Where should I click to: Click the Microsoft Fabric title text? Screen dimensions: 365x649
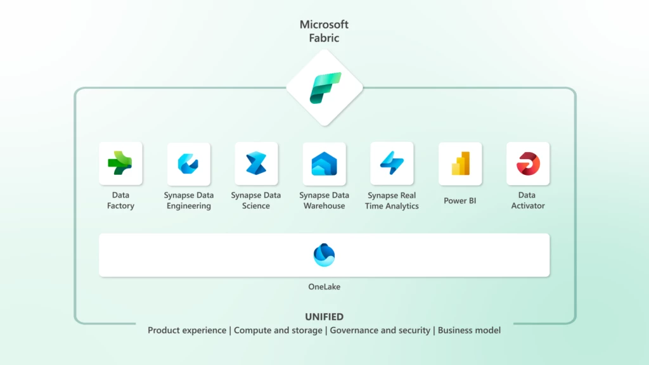click(324, 31)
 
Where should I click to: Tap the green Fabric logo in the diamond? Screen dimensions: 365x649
click(324, 87)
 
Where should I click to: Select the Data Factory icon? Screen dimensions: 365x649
click(120, 163)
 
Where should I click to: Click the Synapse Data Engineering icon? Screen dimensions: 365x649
click(188, 163)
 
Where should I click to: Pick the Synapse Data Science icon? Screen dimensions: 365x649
click(256, 163)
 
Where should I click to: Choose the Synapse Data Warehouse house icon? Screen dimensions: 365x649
click(324, 163)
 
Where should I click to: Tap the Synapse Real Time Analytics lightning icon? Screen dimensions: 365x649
click(392, 163)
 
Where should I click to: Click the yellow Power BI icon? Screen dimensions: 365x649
click(460, 163)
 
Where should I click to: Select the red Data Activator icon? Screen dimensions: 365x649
click(528, 163)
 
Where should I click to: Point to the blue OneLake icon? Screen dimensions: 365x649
click(324, 255)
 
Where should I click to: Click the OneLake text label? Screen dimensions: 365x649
click(324, 287)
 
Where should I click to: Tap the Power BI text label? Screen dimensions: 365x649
click(460, 201)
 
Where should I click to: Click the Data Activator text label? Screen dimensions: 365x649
click(528, 200)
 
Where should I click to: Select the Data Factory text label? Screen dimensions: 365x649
click(120, 200)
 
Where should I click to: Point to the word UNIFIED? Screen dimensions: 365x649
click(324, 317)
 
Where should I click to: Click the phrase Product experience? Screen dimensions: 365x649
click(187, 330)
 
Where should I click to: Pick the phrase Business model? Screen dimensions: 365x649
click(469, 330)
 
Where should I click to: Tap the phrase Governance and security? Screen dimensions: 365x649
click(380, 330)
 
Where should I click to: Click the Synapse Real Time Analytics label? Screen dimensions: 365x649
click(392, 200)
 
